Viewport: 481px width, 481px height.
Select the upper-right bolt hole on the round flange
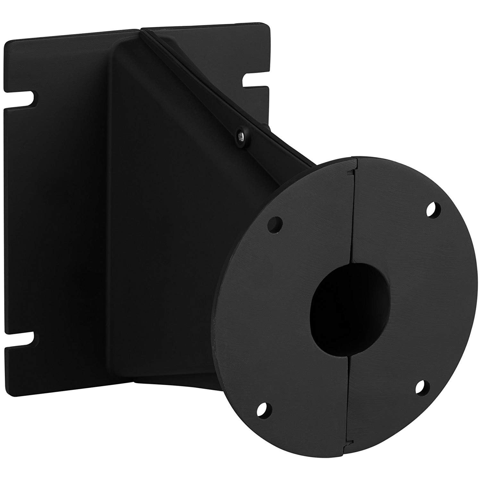pos(433,210)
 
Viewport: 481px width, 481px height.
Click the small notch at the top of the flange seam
pos(350,173)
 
